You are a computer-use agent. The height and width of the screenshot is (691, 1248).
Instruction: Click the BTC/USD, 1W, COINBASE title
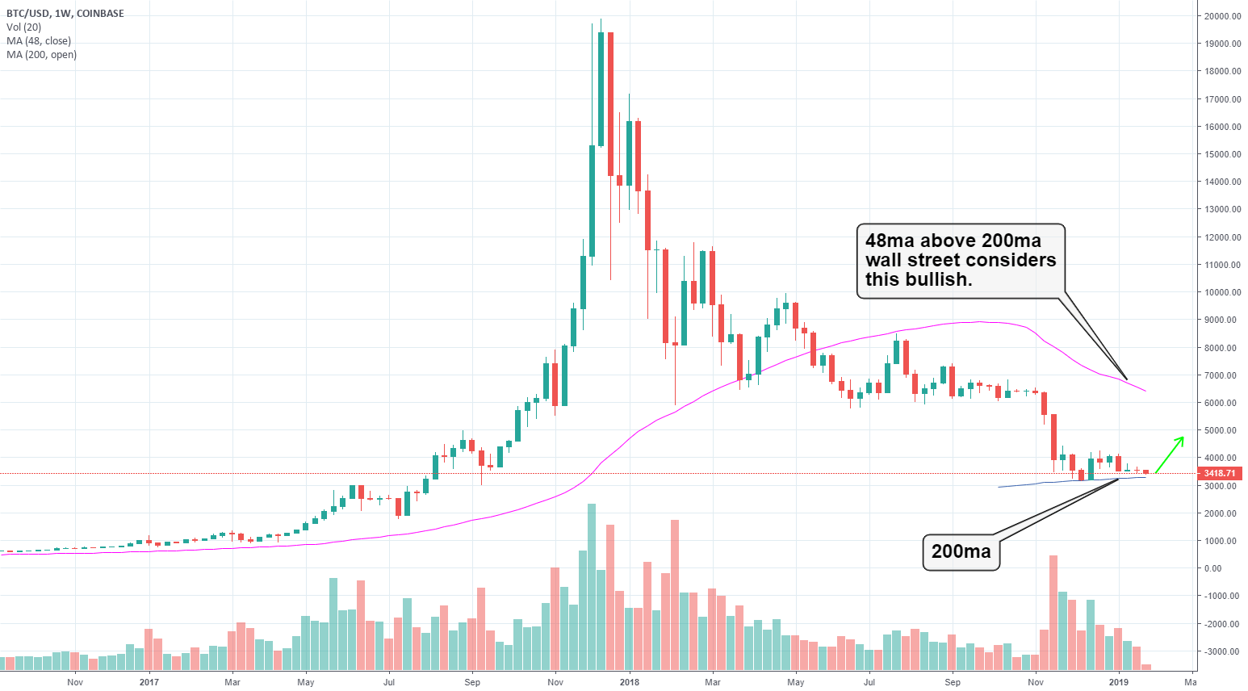[x=65, y=13]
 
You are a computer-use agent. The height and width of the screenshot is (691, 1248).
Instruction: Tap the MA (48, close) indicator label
[x=39, y=41]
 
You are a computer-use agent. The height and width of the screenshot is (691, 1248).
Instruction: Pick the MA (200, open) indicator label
[x=41, y=55]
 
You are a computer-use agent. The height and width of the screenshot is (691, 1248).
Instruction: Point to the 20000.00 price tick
[x=1222, y=16]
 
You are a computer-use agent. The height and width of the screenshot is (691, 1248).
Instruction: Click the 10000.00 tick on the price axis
[x=1222, y=292]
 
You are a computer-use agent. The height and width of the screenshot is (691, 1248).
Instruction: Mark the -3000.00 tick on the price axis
[x=1222, y=651]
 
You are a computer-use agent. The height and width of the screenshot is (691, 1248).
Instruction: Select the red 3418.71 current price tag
[x=1219, y=473]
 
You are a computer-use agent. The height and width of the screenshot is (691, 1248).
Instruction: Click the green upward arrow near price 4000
[x=1170, y=454]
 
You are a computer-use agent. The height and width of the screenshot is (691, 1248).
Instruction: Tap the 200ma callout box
[x=961, y=551]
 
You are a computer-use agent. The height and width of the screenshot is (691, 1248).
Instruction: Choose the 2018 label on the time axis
[x=630, y=682]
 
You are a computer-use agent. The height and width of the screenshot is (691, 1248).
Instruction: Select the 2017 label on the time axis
[x=149, y=682]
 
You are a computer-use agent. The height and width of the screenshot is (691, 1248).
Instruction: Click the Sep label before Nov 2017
[x=472, y=682]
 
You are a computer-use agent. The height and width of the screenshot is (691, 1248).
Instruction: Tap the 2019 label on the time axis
[x=1119, y=682]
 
